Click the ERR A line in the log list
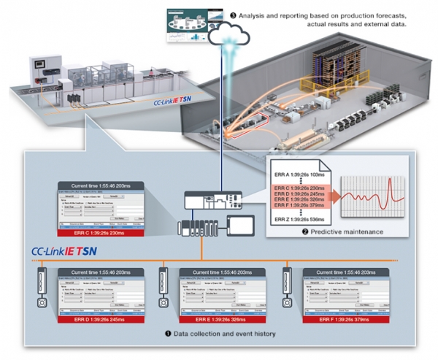[306, 175]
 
